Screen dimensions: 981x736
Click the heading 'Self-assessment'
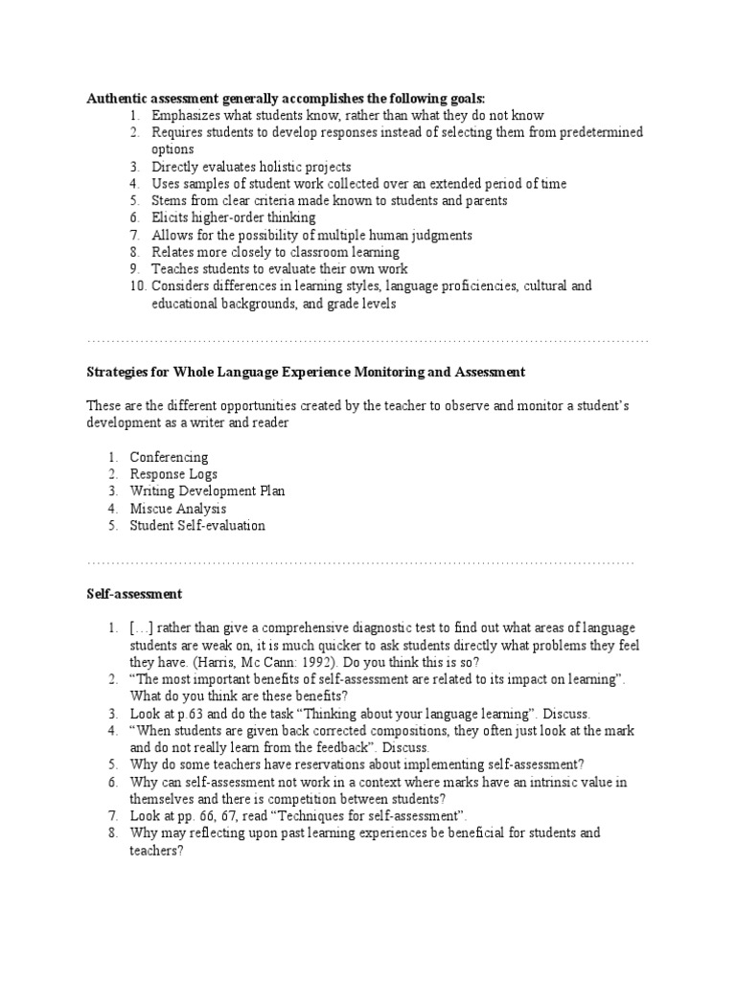click(x=128, y=595)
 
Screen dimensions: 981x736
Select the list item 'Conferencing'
click(x=170, y=457)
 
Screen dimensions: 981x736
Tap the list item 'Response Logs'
click(x=173, y=474)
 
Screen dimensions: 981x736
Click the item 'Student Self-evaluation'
click(x=197, y=526)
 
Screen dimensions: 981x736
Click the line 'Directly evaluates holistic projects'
click(x=251, y=167)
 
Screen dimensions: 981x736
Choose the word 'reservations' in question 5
click(x=319, y=764)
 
